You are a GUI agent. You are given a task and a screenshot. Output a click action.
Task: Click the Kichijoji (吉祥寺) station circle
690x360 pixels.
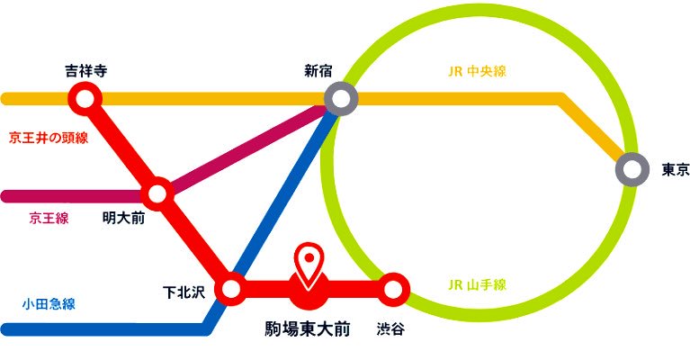pos(85,98)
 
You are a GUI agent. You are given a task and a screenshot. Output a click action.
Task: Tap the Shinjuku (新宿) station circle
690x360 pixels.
pos(341,98)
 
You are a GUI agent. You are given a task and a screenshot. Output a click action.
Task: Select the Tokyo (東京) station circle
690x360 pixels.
pos(632,168)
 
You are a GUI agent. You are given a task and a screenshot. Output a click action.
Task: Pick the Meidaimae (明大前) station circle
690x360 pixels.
pos(157,193)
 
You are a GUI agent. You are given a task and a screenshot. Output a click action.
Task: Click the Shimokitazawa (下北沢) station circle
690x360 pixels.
pos(231,290)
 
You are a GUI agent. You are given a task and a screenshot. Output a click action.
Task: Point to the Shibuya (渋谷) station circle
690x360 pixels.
pos(392,290)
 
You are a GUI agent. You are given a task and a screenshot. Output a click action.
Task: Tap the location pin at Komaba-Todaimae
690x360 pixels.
pos(310,262)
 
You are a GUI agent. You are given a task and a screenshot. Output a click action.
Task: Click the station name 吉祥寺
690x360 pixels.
pos(85,69)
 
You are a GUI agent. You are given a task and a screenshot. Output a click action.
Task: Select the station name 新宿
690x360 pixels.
pos(322,69)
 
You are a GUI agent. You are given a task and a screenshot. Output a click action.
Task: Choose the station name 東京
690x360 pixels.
pos(675,168)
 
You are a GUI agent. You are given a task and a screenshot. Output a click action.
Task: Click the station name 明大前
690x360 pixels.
pos(123,217)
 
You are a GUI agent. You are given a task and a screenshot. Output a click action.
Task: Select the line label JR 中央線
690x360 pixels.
pos(476,71)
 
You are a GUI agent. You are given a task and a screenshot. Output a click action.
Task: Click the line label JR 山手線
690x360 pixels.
pos(477,285)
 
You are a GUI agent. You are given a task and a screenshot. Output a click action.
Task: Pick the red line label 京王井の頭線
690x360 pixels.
pos(49,138)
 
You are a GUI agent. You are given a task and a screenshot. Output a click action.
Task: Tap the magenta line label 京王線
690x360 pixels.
pos(49,217)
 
